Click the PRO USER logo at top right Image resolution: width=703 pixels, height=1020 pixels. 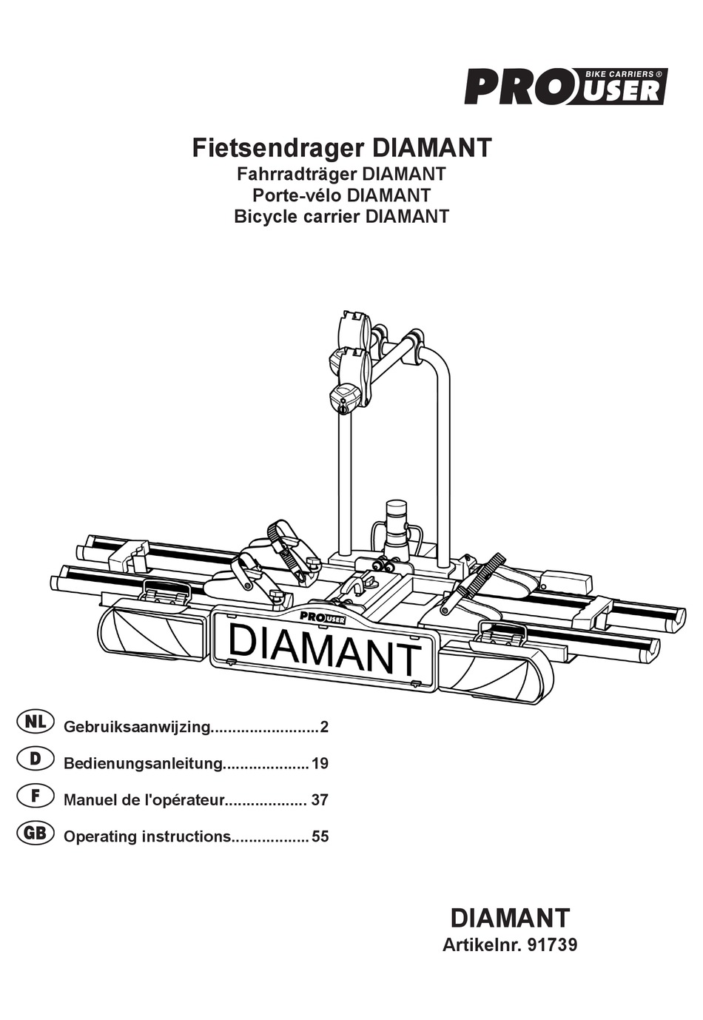pos(565,86)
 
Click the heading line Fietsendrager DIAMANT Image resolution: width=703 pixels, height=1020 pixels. pos(342,148)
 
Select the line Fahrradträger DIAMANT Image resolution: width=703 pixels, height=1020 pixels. pos(341,175)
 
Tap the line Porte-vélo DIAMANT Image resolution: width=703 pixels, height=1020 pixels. pos(341,195)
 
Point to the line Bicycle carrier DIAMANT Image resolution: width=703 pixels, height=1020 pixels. pos(341,217)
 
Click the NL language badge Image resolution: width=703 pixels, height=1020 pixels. pos(35,722)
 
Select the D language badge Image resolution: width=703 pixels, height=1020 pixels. pos(35,759)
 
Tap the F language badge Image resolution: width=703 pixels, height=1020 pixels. pos(35,796)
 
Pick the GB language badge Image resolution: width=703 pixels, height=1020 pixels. pos(35,833)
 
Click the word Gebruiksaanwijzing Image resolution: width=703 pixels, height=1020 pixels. pos(138,728)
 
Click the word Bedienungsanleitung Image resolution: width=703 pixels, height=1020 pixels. pos(144,764)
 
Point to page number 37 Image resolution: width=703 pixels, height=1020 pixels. pos(320,800)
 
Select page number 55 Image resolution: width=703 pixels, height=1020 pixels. pos(320,837)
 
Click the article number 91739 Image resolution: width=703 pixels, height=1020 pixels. pos(552,945)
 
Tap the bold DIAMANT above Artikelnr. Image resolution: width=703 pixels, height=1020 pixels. pos(510,918)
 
